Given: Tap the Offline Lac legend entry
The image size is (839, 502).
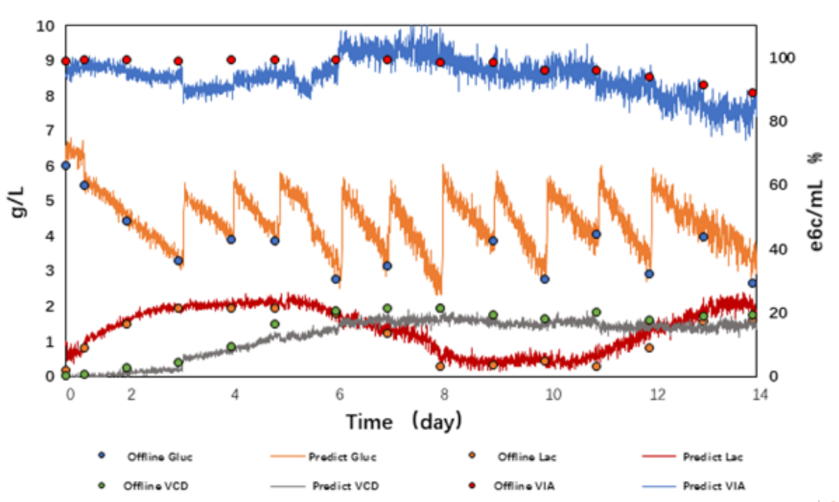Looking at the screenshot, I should point(527,456).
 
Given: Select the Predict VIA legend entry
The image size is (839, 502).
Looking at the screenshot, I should point(714,486).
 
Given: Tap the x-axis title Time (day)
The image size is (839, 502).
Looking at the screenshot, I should point(404,422).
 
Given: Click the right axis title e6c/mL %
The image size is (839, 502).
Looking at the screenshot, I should point(816,200).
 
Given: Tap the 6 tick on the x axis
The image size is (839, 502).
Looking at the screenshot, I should point(339,395).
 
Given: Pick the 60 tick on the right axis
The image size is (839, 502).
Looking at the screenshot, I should point(775,185).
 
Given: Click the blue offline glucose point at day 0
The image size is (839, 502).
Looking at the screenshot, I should point(66,165).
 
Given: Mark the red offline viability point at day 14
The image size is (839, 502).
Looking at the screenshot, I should point(752,92).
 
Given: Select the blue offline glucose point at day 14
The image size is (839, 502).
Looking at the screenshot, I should point(752,283).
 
